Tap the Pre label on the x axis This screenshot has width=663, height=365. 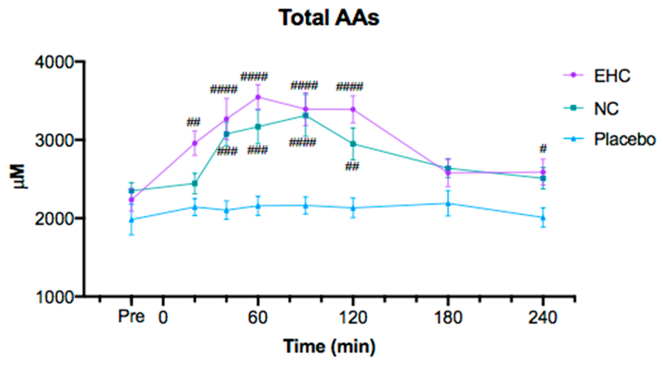131,317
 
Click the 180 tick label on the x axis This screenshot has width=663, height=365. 448,318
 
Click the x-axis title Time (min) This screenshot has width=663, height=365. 329,346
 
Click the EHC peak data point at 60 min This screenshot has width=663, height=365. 258,97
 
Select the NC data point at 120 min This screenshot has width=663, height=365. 353,144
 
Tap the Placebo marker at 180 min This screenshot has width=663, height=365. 448,204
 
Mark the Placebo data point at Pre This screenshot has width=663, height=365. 132,220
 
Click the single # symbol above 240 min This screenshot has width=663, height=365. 543,149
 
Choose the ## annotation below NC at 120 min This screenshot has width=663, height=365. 352,166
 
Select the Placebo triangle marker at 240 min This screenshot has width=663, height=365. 543,218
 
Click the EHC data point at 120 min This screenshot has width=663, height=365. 353,109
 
